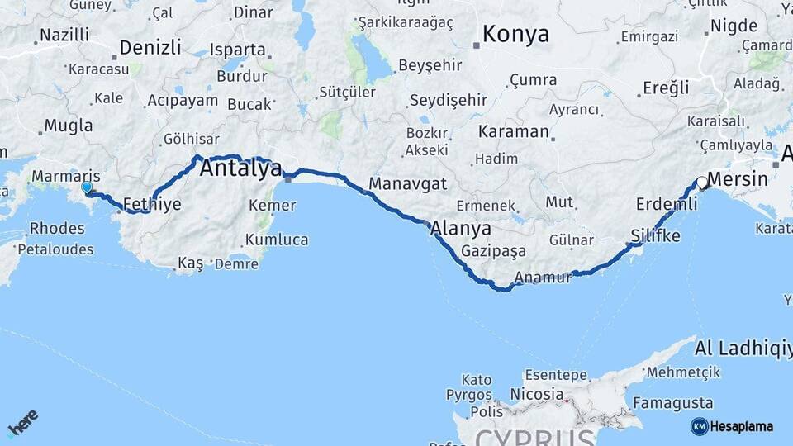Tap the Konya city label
point(515,34)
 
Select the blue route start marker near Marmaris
point(87,188)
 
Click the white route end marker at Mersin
point(701,183)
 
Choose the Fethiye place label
point(151,205)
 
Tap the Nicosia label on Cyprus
point(537,394)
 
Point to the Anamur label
point(543,278)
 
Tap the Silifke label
point(655,236)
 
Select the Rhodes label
point(56,229)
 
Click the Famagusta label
point(672,404)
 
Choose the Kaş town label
point(190,263)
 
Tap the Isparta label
point(233,49)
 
